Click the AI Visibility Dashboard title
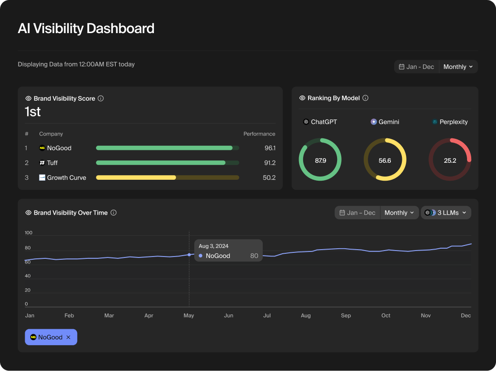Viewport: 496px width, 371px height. tap(86, 29)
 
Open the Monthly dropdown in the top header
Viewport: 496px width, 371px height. tap(458, 67)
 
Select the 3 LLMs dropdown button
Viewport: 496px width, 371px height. tap(446, 212)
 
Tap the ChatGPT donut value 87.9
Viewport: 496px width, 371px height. tap(320, 160)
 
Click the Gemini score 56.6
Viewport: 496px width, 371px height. tap(385, 160)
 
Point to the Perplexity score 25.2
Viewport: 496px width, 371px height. tap(450, 160)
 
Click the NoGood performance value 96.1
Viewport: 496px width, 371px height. tap(270, 148)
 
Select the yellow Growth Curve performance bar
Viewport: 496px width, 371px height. tap(136, 177)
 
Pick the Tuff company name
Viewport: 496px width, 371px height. tap(52, 163)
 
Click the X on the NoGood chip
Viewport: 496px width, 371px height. tap(68, 337)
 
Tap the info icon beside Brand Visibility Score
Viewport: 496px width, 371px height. tap(101, 98)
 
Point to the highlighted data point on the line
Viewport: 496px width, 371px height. tap(189, 255)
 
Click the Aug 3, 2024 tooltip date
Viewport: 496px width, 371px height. tap(214, 246)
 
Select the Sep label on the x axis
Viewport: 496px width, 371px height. tap(346, 315)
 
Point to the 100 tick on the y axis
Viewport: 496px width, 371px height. tap(28, 233)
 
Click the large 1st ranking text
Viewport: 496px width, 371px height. tap(33, 112)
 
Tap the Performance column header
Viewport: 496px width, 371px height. tap(259, 134)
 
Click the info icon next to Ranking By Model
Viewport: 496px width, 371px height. tap(366, 98)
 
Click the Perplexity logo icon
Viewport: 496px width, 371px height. tap(434, 122)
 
